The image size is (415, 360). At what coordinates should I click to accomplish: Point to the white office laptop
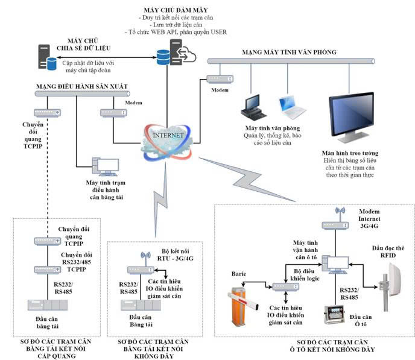[293, 106]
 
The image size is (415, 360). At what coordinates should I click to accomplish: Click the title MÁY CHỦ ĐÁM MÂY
[174, 10]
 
